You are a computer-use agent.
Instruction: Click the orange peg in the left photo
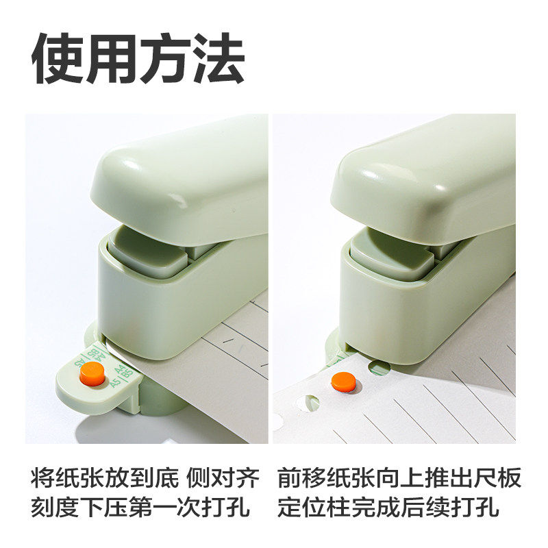[92, 374]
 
